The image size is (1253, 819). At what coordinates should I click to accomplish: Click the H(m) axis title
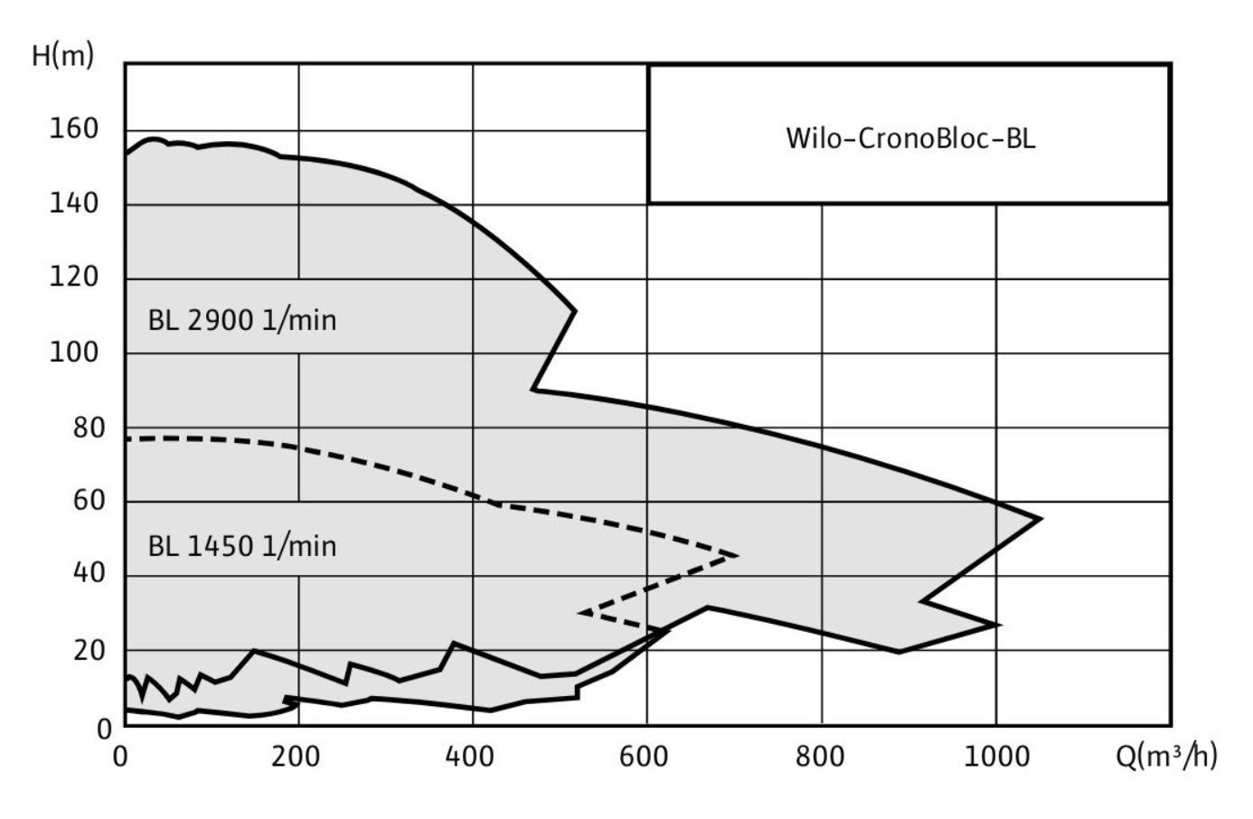pos(62,56)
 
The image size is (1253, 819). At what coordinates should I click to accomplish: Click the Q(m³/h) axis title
pos(1166,757)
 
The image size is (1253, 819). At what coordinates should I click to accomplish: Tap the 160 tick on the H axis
pos(74,128)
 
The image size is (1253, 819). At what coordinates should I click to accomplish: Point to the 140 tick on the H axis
pos(74,203)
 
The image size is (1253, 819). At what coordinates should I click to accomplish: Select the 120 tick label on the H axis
pos(74,277)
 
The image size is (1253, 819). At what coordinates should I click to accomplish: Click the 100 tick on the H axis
pos(74,353)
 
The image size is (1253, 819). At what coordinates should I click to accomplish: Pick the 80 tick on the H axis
pos(89,428)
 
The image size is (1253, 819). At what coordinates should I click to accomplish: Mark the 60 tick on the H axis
pos(89,500)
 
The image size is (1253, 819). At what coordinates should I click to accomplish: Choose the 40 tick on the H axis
pos(89,573)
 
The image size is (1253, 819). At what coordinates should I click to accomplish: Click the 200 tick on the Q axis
pos(296,758)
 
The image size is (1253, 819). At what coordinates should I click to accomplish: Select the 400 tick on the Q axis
pos(469,758)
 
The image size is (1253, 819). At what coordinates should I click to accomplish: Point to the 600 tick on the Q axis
pos(644,758)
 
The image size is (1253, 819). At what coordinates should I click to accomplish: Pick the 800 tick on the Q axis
pos(819,758)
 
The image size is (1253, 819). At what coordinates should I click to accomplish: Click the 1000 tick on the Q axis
pos(996,758)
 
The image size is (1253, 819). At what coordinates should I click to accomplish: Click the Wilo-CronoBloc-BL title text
pos(910,138)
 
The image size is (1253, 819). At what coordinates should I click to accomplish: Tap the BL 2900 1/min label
pos(242,321)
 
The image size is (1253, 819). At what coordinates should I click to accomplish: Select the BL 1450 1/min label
pos(242,547)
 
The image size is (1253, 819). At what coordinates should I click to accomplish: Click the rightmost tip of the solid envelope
pos(1041,519)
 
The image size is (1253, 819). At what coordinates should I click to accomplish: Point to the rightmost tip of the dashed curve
pos(739,556)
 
